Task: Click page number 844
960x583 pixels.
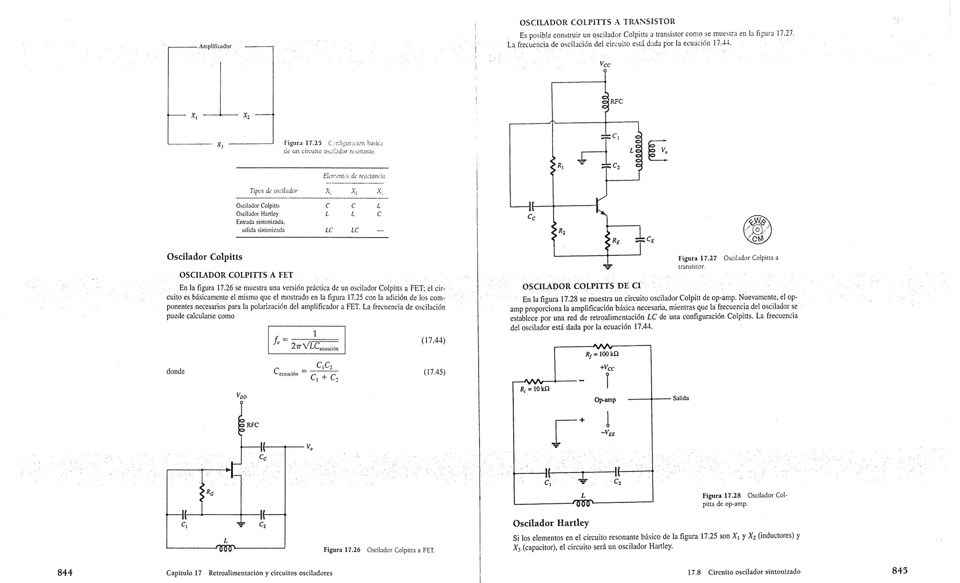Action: click(x=65, y=572)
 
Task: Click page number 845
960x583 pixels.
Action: click(x=900, y=570)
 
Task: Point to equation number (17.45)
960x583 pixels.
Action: click(x=434, y=372)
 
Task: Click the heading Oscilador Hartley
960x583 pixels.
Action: click(x=551, y=523)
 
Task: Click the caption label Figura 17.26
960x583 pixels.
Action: click(x=342, y=550)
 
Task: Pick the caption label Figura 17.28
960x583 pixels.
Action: click(x=721, y=495)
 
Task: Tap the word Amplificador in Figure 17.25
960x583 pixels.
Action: click(x=215, y=46)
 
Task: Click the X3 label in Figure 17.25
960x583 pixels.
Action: click(x=220, y=145)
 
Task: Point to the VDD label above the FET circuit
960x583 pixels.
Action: click(x=242, y=396)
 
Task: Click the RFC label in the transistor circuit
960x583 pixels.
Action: click(x=616, y=101)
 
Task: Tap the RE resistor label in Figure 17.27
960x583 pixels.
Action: click(x=615, y=241)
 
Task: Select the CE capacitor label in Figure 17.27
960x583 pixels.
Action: click(x=650, y=239)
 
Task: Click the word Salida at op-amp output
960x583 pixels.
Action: click(x=681, y=398)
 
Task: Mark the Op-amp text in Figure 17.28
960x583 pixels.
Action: click(x=605, y=400)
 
